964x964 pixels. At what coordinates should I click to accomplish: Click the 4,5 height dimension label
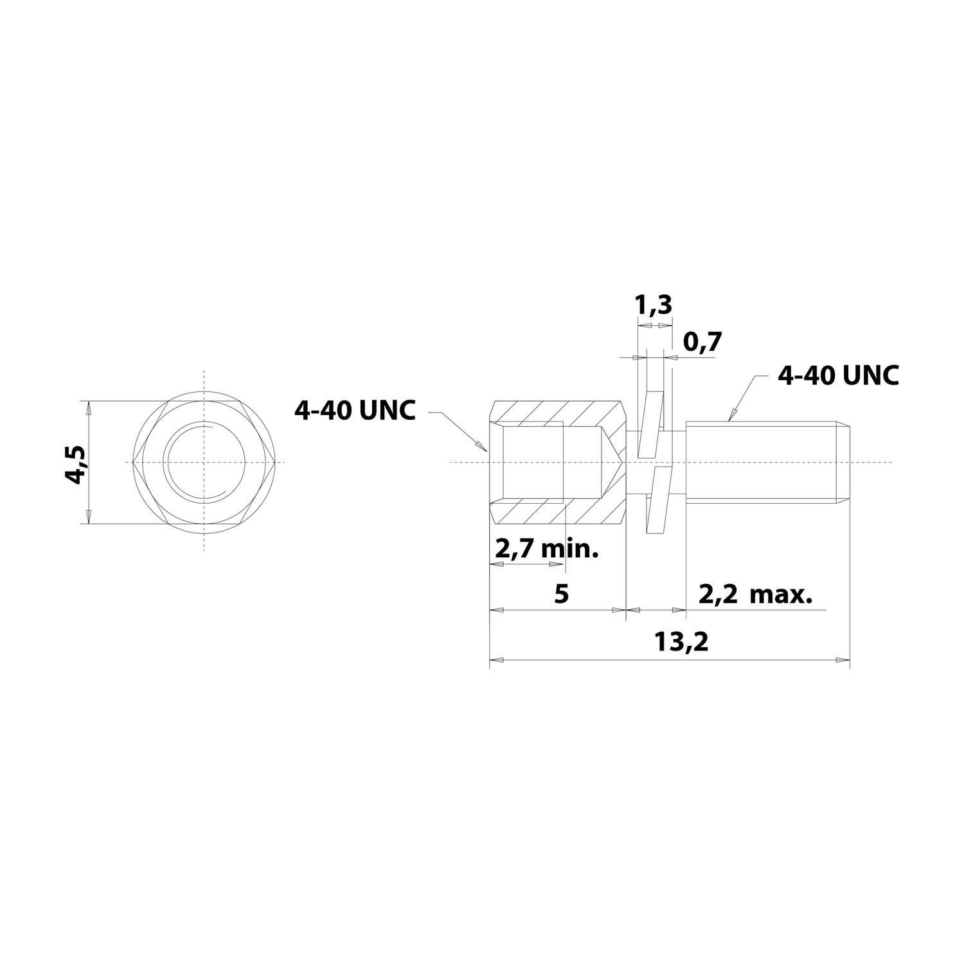tap(76, 463)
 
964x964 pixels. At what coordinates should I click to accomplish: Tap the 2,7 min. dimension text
tap(546, 549)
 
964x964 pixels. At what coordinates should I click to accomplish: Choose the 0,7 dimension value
tap(702, 343)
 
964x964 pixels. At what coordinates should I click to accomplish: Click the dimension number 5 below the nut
tap(561, 594)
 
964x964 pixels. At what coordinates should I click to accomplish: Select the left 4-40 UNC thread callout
tap(355, 410)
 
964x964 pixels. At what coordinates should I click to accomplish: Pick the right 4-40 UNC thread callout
tap(838, 376)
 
